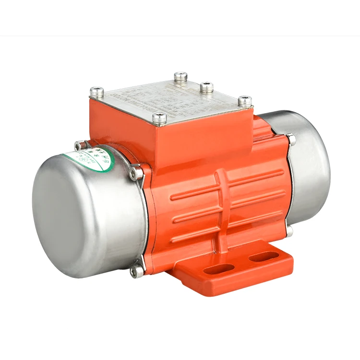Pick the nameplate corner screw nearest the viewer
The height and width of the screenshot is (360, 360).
tap(162, 117)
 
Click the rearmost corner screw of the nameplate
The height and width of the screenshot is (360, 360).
tap(180, 76)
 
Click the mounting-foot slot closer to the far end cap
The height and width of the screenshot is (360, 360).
tap(260, 258)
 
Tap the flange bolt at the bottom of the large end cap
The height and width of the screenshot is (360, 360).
tap(138, 272)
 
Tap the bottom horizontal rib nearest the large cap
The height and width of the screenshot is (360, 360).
tap(185, 235)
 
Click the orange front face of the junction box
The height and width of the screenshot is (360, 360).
tap(202, 139)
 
